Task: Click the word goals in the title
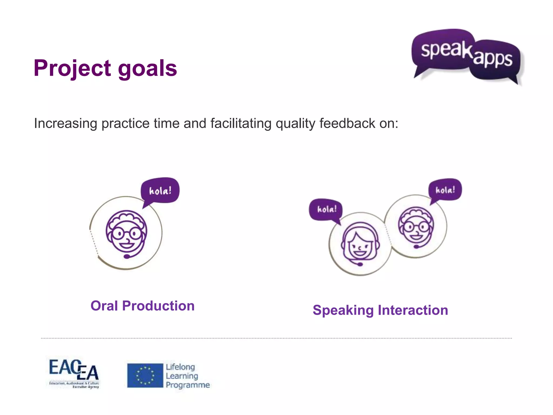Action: [x=147, y=68]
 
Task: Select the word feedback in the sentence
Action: [x=347, y=123]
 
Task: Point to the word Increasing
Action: [x=65, y=124]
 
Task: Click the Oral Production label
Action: [x=142, y=306]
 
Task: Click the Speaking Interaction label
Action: [x=380, y=310]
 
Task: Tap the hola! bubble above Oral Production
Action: [x=160, y=191]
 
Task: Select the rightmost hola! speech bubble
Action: [x=445, y=190]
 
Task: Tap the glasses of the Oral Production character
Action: [x=126, y=233]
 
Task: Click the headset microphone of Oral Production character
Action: [x=127, y=256]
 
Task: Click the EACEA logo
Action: [x=74, y=374]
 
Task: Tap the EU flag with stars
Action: [x=145, y=376]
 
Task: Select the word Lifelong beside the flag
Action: [x=180, y=367]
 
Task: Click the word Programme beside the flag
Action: [x=188, y=385]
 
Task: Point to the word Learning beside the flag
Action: [x=182, y=376]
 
